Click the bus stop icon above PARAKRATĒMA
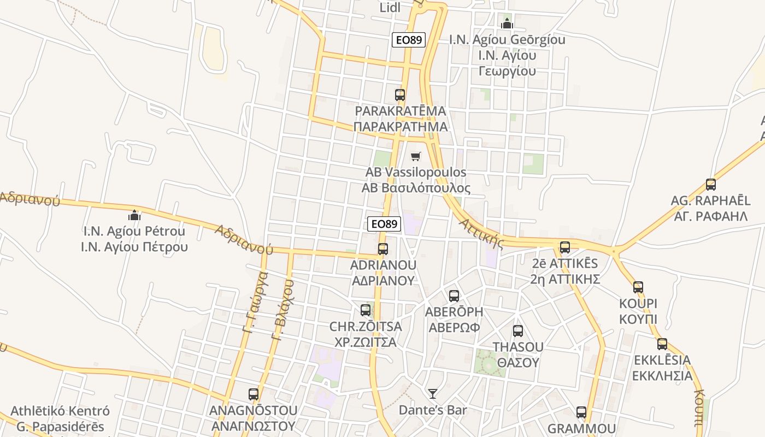coord(400,95)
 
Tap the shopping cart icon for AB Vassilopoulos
coord(416,157)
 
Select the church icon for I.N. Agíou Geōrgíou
coord(507,23)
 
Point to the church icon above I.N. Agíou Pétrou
coord(134,215)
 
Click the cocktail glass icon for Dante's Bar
coord(433,393)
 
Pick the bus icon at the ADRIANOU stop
coord(383,249)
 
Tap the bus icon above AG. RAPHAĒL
coord(710,185)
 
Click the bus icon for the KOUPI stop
coord(638,287)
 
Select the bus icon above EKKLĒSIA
coord(662,344)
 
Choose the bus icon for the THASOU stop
coord(518,331)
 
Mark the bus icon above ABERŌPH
coord(454,296)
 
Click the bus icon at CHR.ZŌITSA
coord(366,310)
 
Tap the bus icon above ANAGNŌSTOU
coord(254,394)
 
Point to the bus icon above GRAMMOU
coord(581,412)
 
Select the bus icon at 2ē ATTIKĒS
coord(565,247)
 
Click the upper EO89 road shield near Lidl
coord(409,40)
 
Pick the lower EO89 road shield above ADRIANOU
coord(384,224)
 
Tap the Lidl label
coord(390,8)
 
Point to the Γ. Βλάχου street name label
coord(283,310)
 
